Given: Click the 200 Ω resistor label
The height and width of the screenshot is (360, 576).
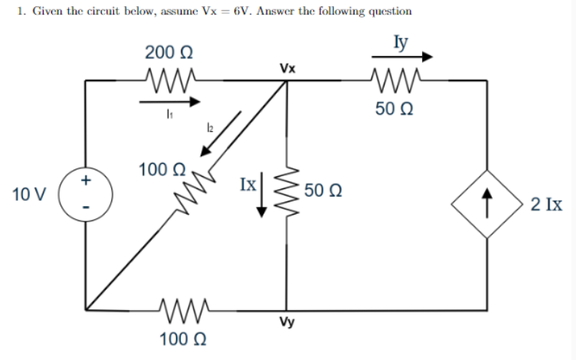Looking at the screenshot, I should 169,53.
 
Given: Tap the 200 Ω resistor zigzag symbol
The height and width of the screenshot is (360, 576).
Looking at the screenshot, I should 172,77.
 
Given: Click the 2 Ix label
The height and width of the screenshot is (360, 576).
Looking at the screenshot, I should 546,205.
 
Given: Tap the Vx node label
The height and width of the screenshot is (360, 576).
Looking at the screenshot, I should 288,68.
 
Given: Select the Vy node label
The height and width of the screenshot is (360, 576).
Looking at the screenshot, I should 288,323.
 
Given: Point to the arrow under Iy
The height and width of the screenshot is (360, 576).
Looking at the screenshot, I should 402,57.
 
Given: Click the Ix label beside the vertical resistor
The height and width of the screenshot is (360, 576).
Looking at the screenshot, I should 247,185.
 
